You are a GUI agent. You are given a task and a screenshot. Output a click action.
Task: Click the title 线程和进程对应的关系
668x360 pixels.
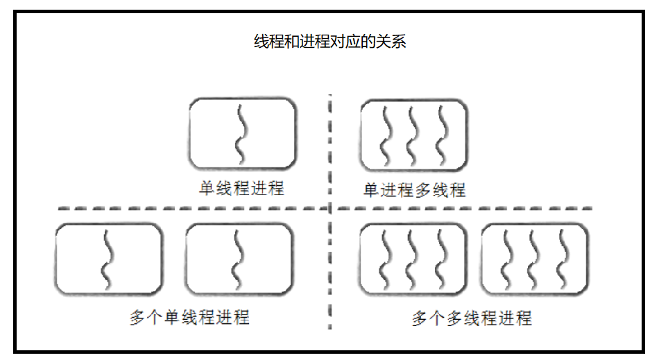click(x=330, y=42)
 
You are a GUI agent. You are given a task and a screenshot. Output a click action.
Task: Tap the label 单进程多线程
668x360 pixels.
click(x=414, y=189)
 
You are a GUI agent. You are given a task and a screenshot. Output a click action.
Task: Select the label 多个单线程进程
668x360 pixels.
click(x=189, y=318)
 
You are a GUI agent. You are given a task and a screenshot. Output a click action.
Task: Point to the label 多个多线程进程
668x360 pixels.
click(x=472, y=318)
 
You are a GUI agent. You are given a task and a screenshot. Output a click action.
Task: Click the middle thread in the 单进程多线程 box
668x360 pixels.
click(x=413, y=132)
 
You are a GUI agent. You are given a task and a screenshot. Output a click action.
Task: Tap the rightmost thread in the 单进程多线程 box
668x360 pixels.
click(x=440, y=132)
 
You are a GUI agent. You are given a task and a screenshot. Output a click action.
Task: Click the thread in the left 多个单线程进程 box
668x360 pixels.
click(x=107, y=258)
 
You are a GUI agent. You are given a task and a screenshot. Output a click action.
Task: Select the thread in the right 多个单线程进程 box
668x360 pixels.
click(x=238, y=258)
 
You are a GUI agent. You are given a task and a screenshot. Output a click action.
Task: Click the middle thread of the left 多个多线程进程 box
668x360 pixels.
click(x=413, y=258)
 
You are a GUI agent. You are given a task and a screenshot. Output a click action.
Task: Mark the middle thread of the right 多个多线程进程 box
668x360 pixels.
click(x=535, y=258)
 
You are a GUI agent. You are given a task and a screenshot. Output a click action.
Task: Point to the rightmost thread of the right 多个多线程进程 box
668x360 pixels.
click(x=562, y=258)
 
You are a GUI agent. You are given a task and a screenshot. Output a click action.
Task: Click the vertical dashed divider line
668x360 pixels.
click(x=330, y=277)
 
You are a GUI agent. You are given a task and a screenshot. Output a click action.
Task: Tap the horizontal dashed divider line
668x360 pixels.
click(x=208, y=208)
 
